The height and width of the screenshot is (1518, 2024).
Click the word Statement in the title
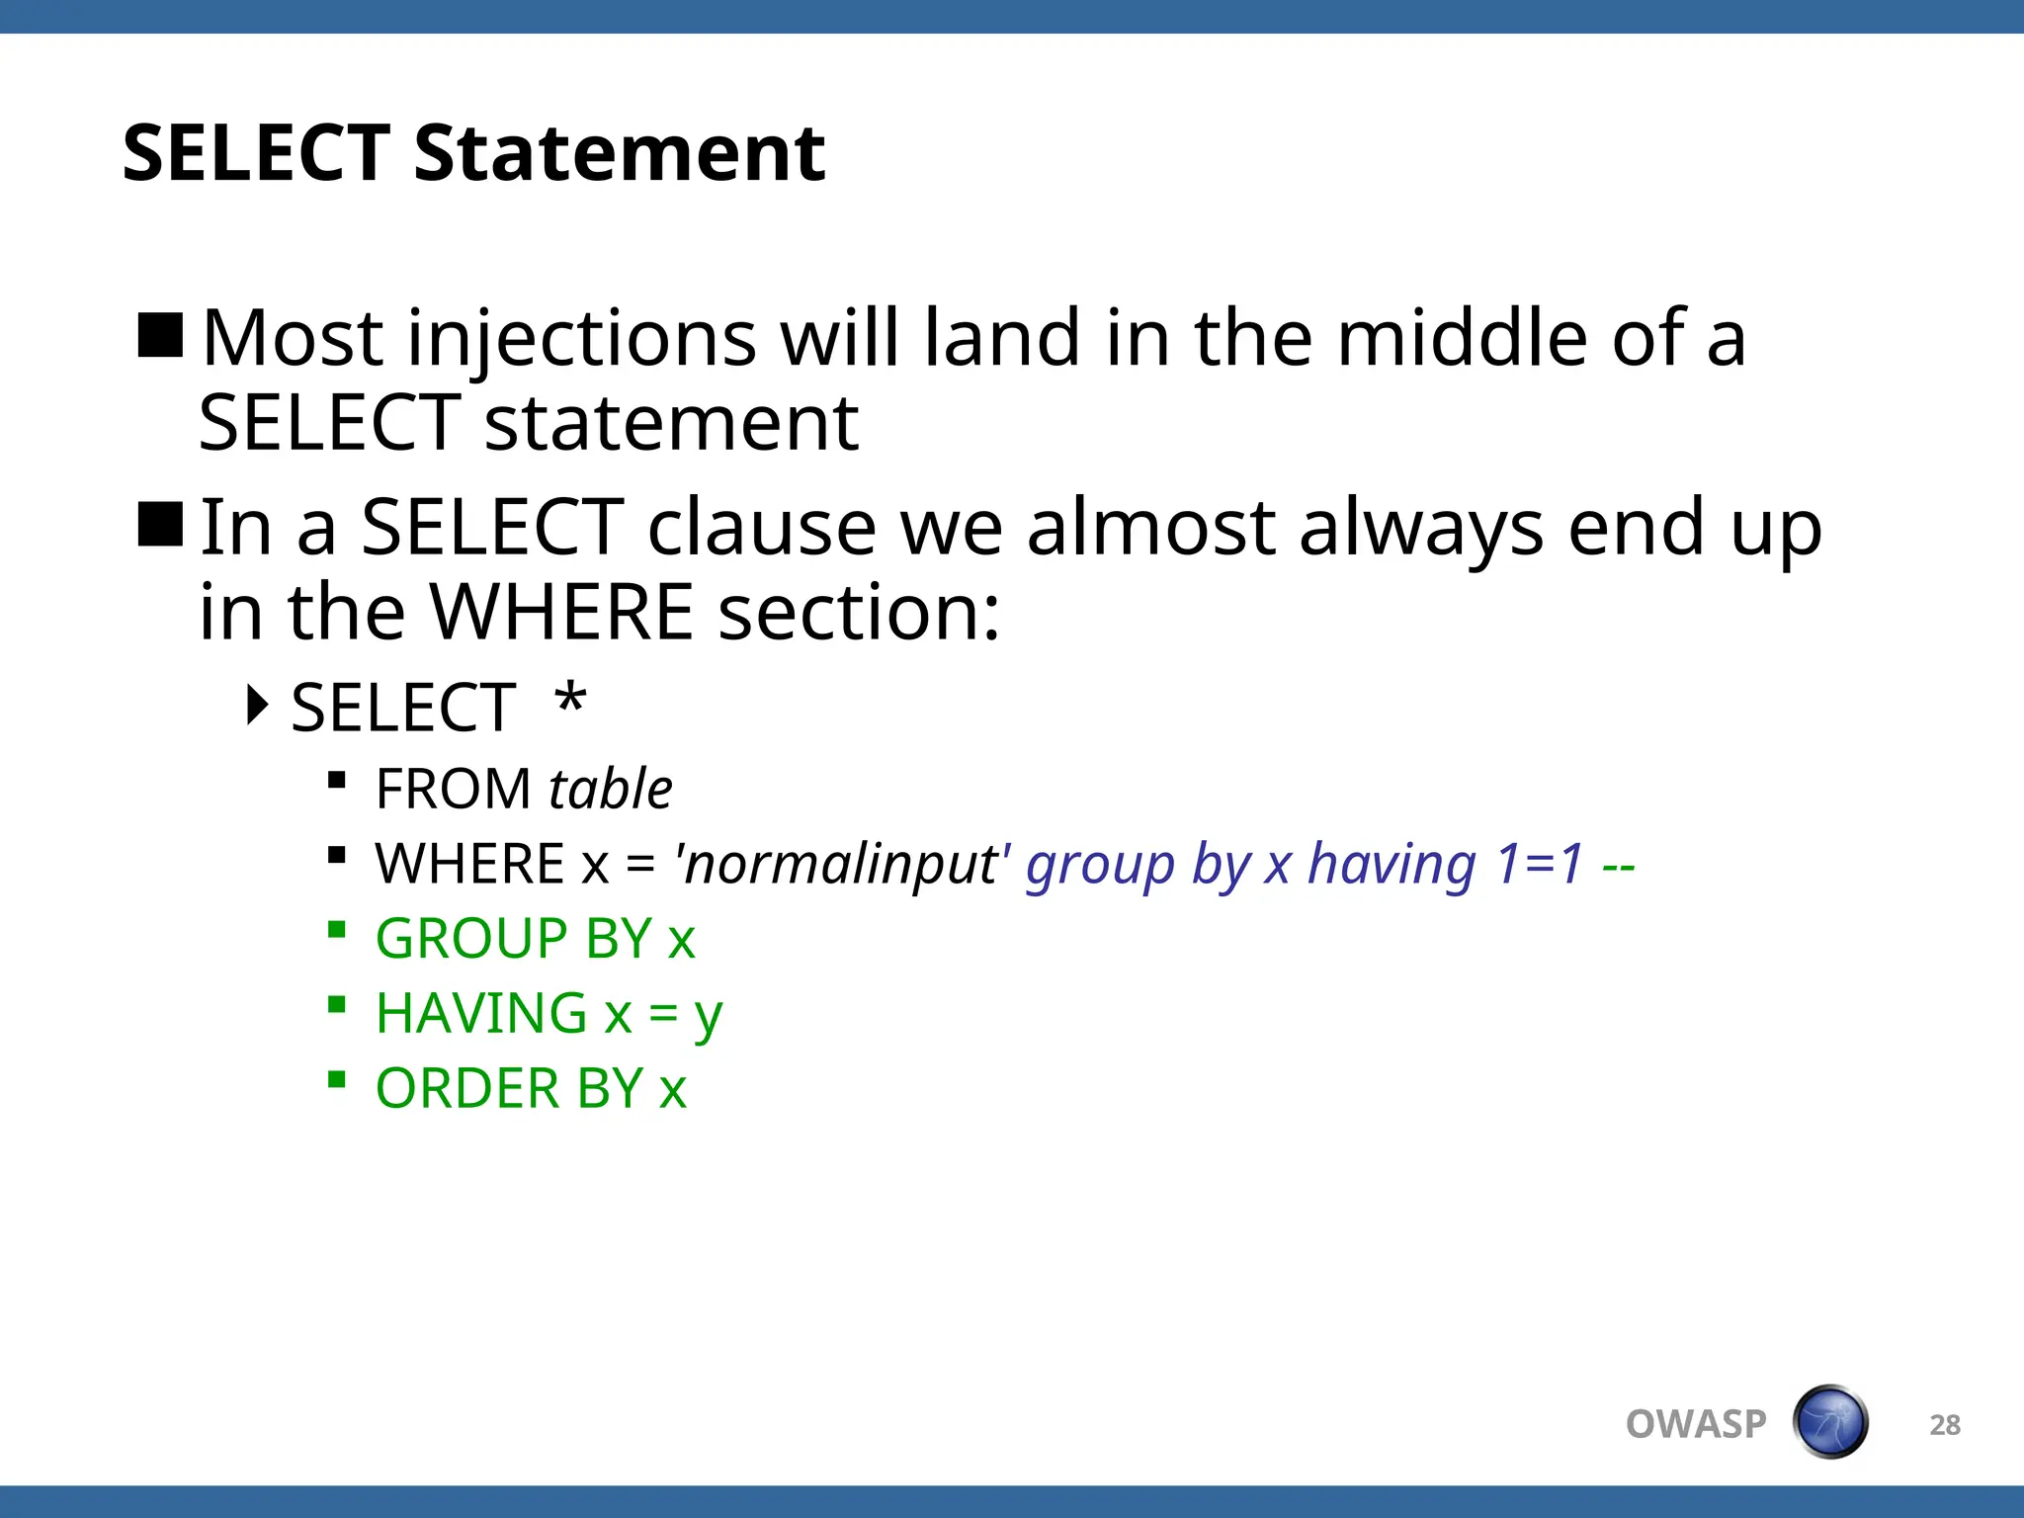[619, 154]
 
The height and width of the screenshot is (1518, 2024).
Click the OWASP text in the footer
[1696, 1424]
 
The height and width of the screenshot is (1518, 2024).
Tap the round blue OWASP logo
[1830, 1422]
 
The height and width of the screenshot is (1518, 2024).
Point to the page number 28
[1944, 1425]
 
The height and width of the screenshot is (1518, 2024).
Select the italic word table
[610, 790]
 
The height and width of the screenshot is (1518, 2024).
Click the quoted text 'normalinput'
[842, 865]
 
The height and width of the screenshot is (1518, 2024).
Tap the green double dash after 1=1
[1618, 867]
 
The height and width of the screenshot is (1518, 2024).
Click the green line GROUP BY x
[535, 939]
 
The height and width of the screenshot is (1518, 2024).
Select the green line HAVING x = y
[548, 1014]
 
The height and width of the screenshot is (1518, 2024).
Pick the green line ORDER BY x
[531, 1089]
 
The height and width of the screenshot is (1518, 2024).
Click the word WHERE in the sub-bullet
[469, 865]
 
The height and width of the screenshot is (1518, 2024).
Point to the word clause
[761, 529]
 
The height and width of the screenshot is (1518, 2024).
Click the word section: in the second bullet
[858, 613]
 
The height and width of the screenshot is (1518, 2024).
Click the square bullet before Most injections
[160, 335]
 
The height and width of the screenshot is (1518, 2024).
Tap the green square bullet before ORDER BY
[337, 1079]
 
